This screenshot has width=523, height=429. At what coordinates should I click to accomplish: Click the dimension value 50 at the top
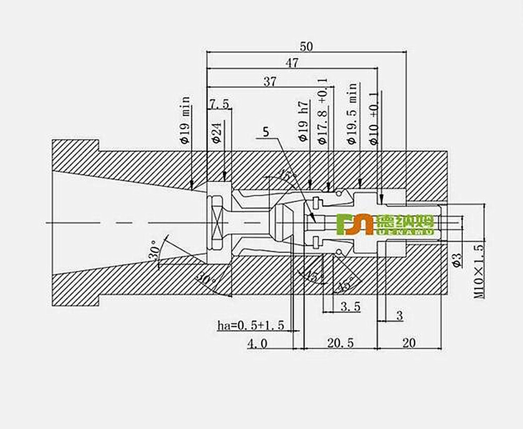point(306,46)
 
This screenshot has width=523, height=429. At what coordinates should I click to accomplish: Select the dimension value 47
point(292,63)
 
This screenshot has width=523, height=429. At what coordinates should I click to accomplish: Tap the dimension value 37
point(270,82)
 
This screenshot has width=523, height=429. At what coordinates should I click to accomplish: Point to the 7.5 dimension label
point(219,104)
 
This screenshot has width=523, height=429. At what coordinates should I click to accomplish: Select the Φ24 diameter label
point(217,131)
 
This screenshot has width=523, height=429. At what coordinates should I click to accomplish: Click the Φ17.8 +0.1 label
point(322,111)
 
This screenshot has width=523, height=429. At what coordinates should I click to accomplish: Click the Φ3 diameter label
point(457,260)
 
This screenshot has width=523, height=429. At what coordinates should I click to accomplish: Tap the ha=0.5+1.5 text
point(250,326)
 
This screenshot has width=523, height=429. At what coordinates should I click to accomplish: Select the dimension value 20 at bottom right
point(409,343)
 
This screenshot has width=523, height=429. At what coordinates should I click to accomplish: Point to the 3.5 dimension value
point(350,307)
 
